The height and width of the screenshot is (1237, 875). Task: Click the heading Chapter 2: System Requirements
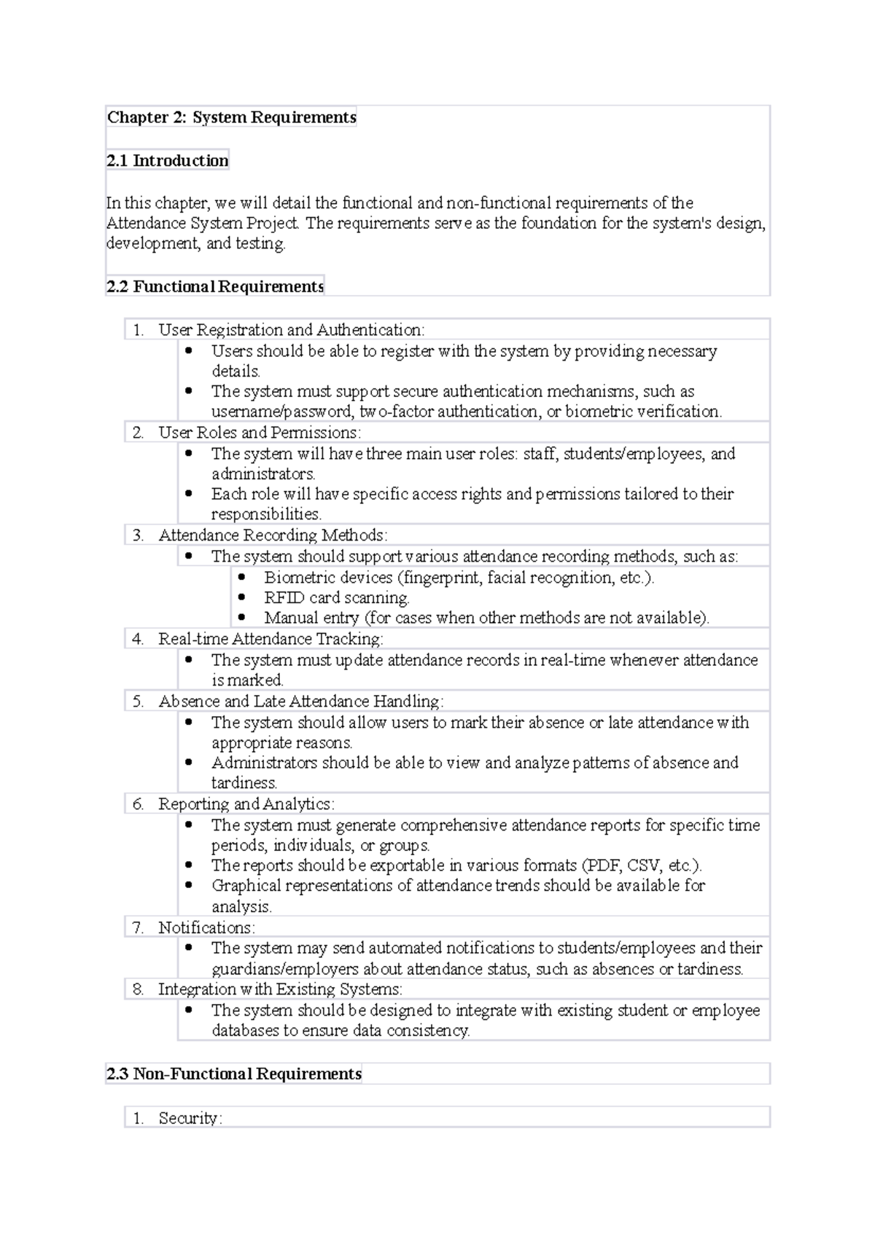pyautogui.click(x=231, y=117)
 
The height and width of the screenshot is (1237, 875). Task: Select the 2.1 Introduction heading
pyautogui.click(x=167, y=160)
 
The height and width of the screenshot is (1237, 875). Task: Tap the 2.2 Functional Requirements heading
pyautogui.click(x=214, y=286)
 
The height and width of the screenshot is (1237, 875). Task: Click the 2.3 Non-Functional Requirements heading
pyautogui.click(x=233, y=1074)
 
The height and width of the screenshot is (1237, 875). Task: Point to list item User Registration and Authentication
pyautogui.click(x=291, y=330)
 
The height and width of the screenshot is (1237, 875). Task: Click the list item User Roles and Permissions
pyautogui.click(x=259, y=433)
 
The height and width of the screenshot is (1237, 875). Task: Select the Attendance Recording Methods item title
pyautogui.click(x=273, y=535)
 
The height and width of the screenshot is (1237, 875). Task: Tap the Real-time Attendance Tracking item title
pyautogui.click(x=271, y=639)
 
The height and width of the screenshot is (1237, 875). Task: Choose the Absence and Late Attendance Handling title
pyautogui.click(x=300, y=702)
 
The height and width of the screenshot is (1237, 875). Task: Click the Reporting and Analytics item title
pyautogui.click(x=246, y=804)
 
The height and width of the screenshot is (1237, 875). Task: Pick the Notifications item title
pyautogui.click(x=206, y=928)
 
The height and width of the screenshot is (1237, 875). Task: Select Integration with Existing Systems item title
pyautogui.click(x=280, y=989)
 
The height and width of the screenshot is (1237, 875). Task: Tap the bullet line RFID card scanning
pyautogui.click(x=336, y=598)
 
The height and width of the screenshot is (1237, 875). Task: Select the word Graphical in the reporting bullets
pyautogui.click(x=246, y=886)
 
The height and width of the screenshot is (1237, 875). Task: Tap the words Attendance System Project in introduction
pyautogui.click(x=201, y=224)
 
